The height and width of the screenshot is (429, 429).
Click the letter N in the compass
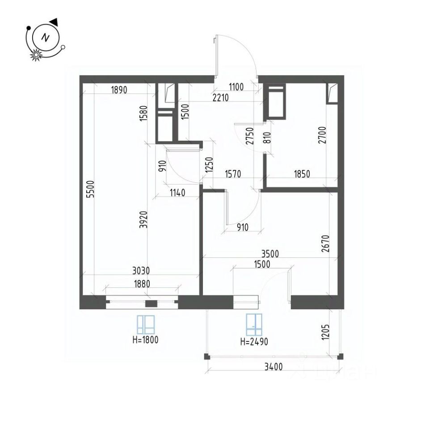(x=45, y=38)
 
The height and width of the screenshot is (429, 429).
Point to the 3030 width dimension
(x=141, y=270)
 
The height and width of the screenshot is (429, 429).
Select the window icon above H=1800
(x=146, y=324)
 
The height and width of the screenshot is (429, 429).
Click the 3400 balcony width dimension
(x=273, y=368)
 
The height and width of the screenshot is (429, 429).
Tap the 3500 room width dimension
(x=270, y=254)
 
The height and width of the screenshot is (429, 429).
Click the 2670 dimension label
(x=325, y=244)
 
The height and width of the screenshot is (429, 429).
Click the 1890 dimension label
(x=119, y=89)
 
